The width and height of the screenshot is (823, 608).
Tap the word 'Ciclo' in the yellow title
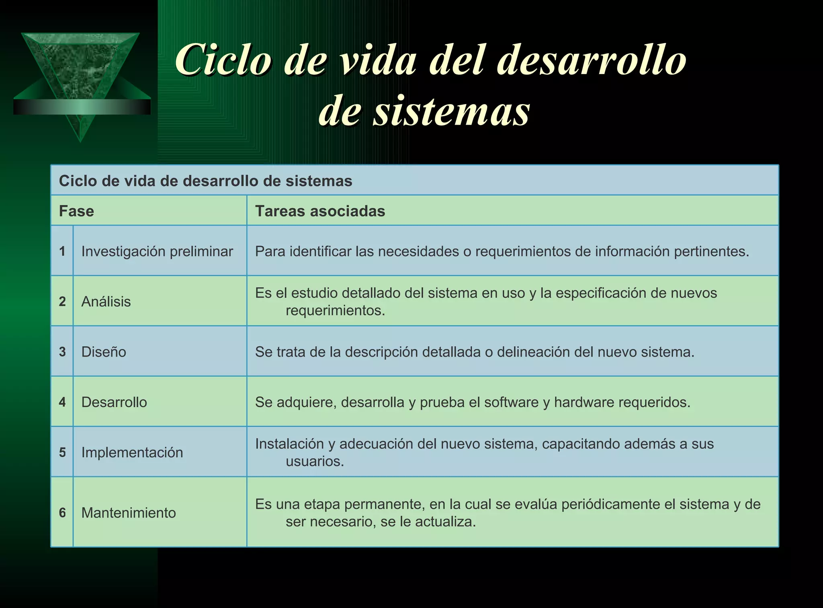coord(223,60)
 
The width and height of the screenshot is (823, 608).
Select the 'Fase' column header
coord(76,211)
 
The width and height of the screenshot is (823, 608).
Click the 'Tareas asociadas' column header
coord(320,211)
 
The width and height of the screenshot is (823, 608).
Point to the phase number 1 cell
coord(62,251)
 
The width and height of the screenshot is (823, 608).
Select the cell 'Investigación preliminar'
coord(157,251)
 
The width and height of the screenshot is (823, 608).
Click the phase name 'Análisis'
coord(106,302)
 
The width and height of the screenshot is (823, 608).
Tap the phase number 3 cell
coord(62,352)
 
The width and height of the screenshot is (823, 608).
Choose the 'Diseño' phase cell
coord(104,352)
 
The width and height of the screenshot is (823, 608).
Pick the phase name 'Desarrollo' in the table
coord(114,402)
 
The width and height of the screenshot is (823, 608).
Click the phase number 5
coord(62,452)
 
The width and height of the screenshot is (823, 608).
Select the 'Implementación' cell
coord(132,452)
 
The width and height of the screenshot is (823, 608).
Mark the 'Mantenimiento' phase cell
coord(129,513)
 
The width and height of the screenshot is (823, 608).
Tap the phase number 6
coord(62,513)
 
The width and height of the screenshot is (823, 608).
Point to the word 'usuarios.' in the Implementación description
coord(315,461)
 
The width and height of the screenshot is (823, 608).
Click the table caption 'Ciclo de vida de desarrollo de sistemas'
coord(205,181)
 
